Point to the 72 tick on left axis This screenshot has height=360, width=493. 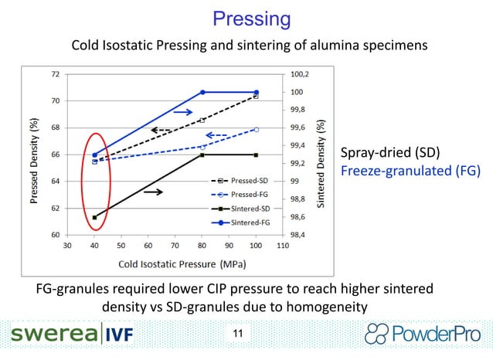click(56, 74)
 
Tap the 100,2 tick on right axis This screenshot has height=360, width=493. click(300, 75)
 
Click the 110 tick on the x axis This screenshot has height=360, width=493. click(282, 246)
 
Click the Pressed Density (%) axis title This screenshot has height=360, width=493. click(35, 155)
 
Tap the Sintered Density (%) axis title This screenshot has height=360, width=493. click(321, 155)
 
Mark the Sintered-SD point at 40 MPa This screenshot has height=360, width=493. click(94, 217)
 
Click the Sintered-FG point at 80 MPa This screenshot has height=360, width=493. click(202, 92)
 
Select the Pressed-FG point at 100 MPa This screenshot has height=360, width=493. click(256, 129)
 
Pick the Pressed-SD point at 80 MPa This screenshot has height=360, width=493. click(202, 120)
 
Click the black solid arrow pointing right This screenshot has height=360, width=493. click(153, 192)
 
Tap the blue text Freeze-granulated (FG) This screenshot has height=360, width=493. click(410, 170)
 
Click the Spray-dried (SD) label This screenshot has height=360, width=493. click(384, 151)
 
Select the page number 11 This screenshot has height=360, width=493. click(236, 334)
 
